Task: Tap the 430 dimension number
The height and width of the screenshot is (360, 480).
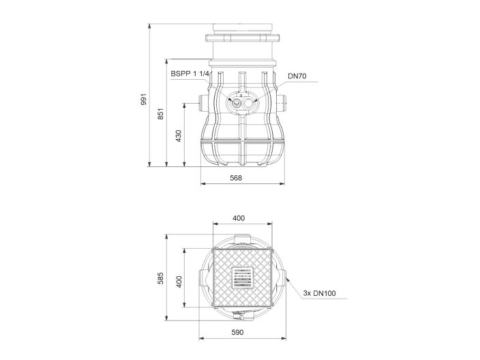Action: coord(179,136)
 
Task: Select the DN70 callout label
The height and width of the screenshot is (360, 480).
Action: coord(297,76)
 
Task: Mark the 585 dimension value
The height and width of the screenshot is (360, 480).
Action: coord(161,280)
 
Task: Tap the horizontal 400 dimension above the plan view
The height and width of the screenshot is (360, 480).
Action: coord(239,218)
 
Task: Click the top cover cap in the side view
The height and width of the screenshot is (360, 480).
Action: coord(242,29)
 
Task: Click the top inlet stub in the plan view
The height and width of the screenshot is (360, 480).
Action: coord(242,237)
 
